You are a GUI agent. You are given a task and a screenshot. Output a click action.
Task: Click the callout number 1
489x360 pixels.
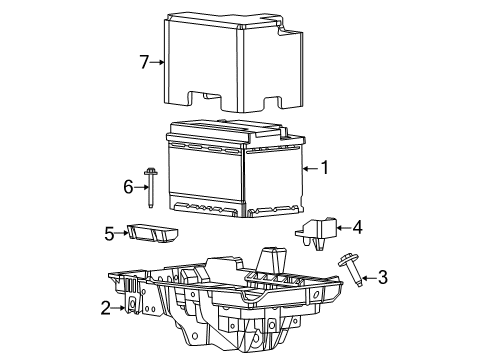pos(323,169)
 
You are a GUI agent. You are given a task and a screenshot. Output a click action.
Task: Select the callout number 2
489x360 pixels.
pos(106,308)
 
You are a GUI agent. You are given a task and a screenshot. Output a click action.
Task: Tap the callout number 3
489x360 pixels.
pos(382,277)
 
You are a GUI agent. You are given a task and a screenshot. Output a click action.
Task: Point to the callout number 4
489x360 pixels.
pos(356,227)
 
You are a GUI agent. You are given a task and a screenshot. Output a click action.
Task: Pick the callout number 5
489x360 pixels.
pos(110,233)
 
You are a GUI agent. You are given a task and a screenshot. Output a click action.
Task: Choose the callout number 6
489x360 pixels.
pos(128,186)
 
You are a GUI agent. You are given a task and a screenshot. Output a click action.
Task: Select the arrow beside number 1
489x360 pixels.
pos(307,169)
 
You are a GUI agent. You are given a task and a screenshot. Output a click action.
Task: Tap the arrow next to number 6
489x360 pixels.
pos(141,186)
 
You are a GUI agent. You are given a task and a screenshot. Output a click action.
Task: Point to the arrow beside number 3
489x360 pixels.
pos(366,275)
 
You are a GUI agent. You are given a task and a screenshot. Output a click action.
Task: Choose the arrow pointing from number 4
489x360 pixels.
pos(340,228)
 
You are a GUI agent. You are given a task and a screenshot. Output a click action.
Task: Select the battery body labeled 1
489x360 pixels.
pos(235,170)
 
